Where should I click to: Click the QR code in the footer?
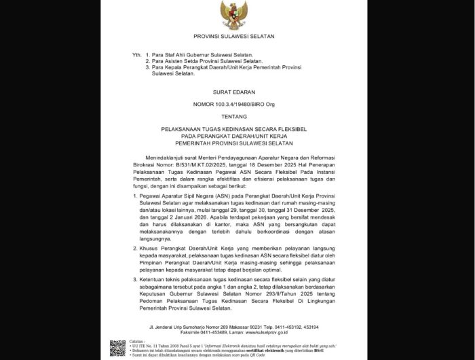117,348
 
